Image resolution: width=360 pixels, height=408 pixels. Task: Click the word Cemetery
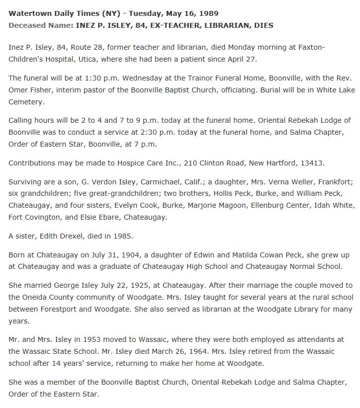click(x=27, y=102)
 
